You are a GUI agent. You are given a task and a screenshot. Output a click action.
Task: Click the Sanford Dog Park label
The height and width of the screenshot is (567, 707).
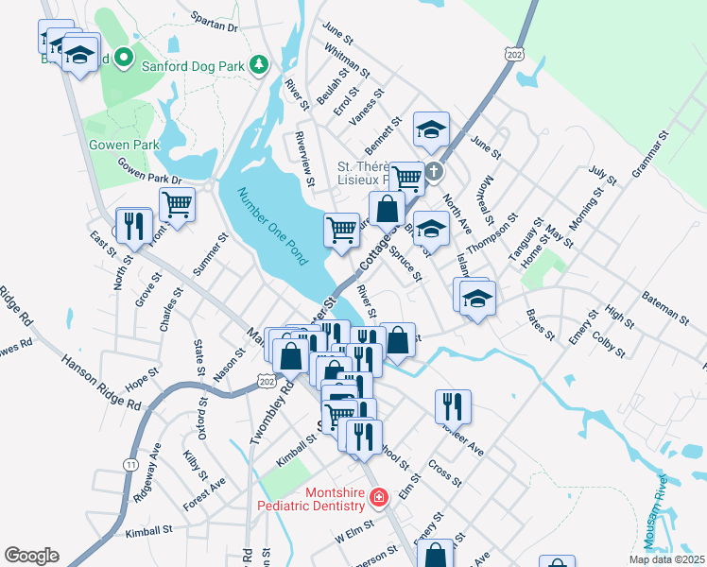(194, 65)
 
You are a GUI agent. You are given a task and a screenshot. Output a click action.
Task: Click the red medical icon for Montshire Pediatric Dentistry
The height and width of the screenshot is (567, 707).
(378, 497)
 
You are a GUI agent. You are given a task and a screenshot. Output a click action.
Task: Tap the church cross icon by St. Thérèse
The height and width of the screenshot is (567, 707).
(433, 172)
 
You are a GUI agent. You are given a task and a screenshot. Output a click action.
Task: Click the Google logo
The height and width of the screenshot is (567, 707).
(31, 556)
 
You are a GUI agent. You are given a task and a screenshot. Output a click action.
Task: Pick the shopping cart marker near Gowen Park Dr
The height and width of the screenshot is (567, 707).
(177, 202)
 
